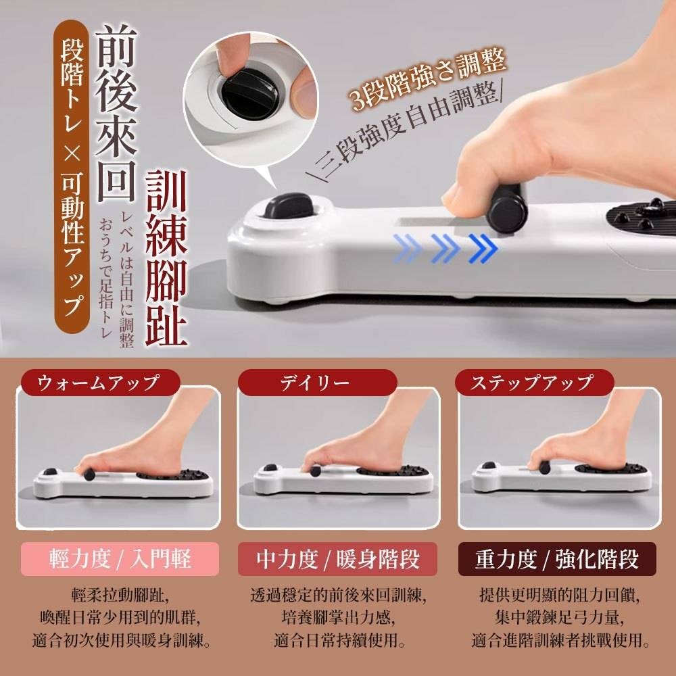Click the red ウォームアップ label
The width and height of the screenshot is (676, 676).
[x=99, y=383]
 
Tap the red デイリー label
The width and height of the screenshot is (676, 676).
[x=317, y=383]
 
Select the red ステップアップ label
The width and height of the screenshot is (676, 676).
[x=534, y=383]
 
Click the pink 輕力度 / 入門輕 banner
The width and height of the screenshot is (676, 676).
[x=120, y=559]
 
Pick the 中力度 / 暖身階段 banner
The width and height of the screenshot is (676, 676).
[x=337, y=559]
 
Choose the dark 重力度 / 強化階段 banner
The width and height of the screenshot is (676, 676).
[x=557, y=559]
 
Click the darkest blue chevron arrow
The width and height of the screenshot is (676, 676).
[x=483, y=248]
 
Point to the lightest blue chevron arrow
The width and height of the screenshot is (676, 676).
[x=407, y=248]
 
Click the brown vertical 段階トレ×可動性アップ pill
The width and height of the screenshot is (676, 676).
[x=72, y=176]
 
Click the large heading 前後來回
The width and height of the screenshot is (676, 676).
[x=116, y=113]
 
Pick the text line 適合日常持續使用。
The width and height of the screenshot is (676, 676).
[x=339, y=640]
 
